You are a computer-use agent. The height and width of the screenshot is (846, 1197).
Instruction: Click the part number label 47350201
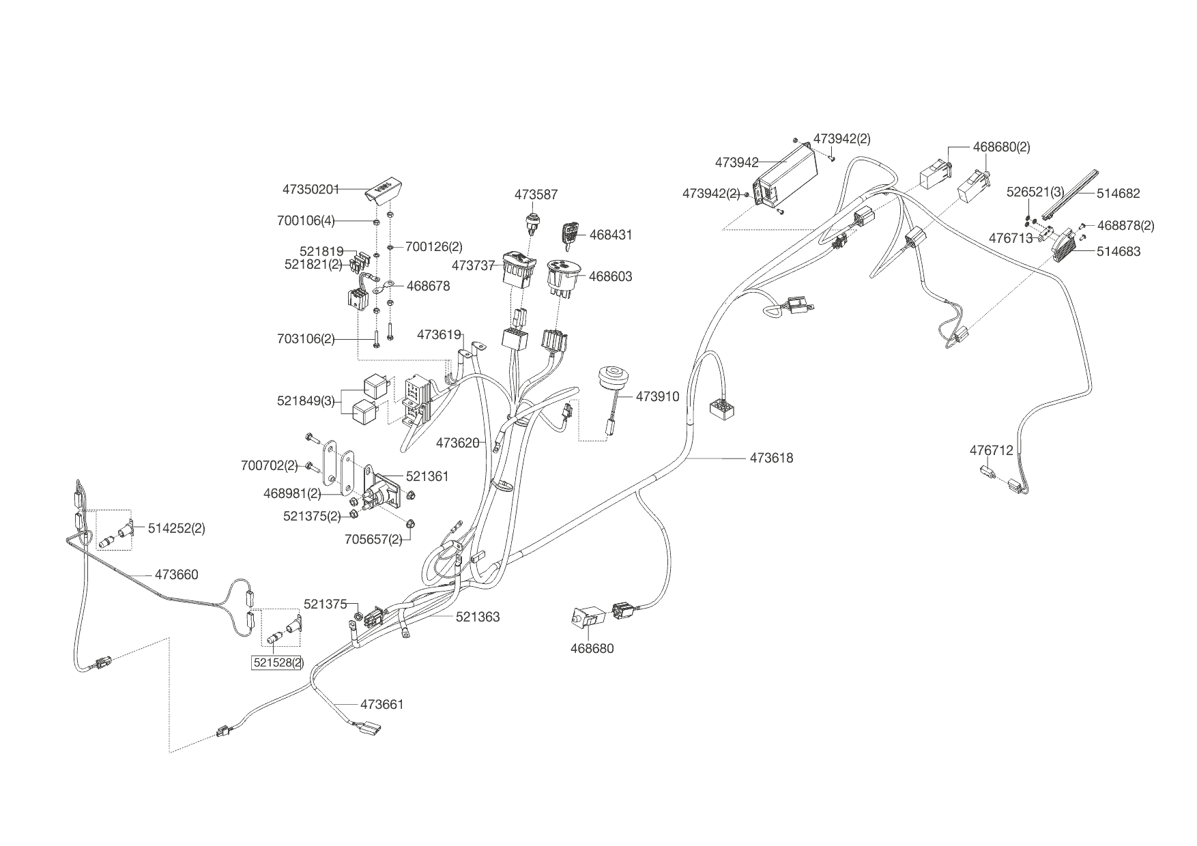click(x=311, y=189)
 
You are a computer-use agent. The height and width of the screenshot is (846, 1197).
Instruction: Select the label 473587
click(x=536, y=194)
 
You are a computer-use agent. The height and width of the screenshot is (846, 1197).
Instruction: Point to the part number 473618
click(x=771, y=458)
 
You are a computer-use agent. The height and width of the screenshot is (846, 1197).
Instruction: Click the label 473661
click(x=382, y=704)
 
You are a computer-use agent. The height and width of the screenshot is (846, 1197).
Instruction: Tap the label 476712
click(x=992, y=451)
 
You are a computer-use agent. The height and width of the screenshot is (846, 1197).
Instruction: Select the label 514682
click(x=1118, y=193)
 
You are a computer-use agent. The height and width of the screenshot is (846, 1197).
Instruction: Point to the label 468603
click(x=610, y=276)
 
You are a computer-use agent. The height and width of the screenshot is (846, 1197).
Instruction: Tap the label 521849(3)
click(x=306, y=401)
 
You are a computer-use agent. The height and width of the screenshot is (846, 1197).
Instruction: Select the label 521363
click(x=478, y=617)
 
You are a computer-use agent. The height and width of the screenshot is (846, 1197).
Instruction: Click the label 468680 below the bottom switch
click(x=592, y=649)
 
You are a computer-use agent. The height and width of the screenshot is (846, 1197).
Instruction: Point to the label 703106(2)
click(x=306, y=338)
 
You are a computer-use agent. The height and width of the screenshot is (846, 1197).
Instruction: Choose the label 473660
click(x=176, y=575)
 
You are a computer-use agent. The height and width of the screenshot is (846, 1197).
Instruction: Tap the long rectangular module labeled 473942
click(x=785, y=179)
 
